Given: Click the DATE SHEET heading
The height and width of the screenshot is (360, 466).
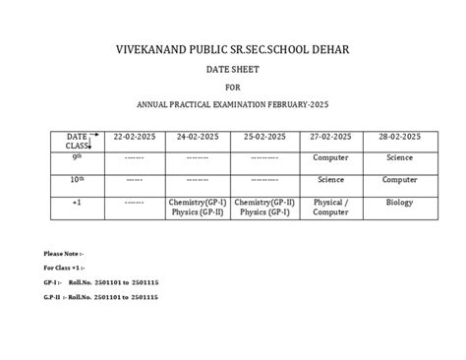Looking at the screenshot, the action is tap(232, 71).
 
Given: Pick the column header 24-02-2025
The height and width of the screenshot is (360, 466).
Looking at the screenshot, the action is tap(200, 136).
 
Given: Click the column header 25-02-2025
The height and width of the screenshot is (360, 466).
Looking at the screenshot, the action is tap(265, 136).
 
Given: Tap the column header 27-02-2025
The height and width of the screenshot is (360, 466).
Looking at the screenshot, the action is tap(331, 136).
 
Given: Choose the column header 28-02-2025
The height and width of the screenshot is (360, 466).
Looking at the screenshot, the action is tap(399, 136).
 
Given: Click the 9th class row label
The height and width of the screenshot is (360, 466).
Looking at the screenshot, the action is tap(77, 156).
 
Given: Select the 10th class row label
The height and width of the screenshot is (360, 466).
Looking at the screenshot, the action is tap(77, 180).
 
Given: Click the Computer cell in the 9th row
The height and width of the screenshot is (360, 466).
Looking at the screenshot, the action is tap(331, 157).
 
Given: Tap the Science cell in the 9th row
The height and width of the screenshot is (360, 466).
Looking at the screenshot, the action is tap(399, 157).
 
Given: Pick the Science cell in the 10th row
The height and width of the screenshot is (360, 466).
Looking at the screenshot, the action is tap(331, 180).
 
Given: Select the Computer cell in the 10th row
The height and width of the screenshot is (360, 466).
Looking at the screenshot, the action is tap(399, 180).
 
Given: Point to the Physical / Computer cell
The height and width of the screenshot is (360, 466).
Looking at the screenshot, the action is tap(331, 207).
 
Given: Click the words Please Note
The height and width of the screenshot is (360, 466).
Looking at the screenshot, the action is tap(63, 254).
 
